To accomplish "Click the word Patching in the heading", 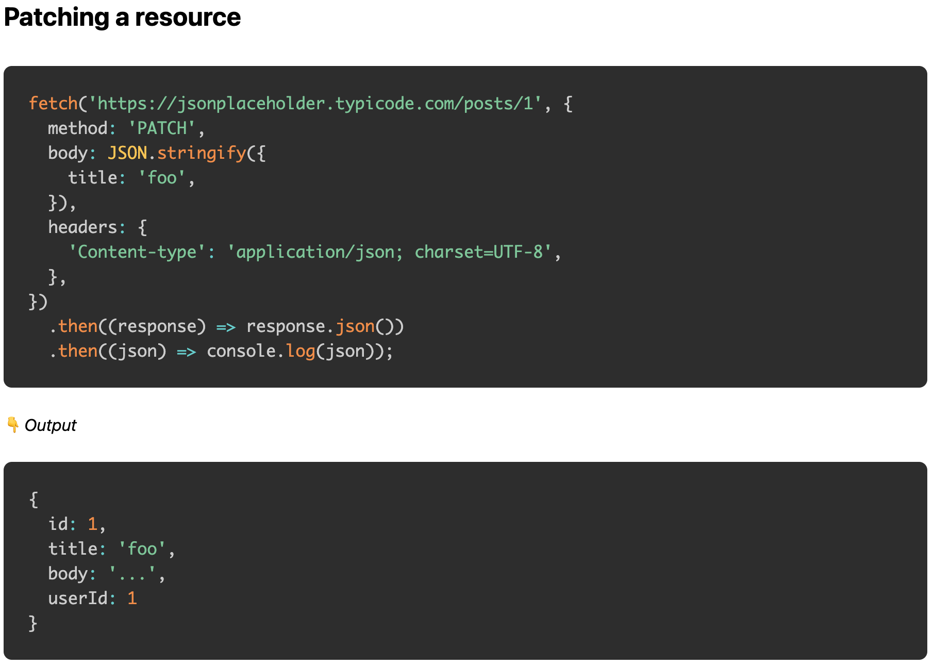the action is tap(56, 18).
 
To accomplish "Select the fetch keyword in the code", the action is tap(53, 104).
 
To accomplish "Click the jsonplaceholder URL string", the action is tap(315, 104).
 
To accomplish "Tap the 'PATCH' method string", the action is tap(162, 128).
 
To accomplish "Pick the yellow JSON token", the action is tap(127, 153).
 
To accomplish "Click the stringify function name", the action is tap(202, 153).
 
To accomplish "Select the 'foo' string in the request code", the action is tap(162, 178).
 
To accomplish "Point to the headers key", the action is tap(82, 227).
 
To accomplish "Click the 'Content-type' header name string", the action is tap(137, 252).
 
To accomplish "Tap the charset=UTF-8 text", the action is tap(479, 252).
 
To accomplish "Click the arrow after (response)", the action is tap(226, 327).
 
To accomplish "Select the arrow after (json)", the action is tap(187, 352).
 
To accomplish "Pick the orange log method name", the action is tap(301, 352).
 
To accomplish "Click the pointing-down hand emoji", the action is tap(13, 425).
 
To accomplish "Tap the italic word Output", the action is tap(51, 425).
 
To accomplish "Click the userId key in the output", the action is tap(78, 598).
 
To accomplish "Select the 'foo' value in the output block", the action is tap(142, 549).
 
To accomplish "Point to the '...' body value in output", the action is tap(132, 574).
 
